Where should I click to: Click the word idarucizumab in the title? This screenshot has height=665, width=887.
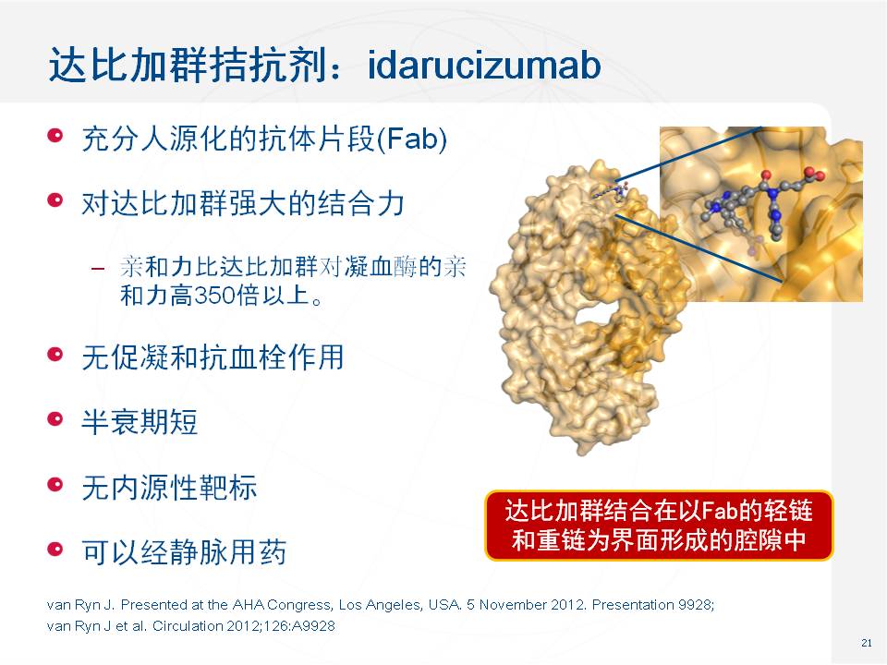point(483,65)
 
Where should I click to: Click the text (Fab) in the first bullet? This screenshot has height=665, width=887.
point(412,139)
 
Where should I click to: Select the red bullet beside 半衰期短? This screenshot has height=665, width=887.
point(55,419)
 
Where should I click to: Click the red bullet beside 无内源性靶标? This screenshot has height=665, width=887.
point(55,485)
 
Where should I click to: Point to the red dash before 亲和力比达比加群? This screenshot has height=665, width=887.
point(98,268)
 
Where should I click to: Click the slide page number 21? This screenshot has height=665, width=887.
point(866,643)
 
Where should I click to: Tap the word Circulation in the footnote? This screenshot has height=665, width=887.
point(188,626)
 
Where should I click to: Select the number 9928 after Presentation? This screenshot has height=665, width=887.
point(696,605)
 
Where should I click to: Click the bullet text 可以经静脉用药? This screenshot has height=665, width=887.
point(184,552)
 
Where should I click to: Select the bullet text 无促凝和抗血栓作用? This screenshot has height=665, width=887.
point(213,357)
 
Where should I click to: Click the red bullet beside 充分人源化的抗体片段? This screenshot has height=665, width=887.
point(55,137)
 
